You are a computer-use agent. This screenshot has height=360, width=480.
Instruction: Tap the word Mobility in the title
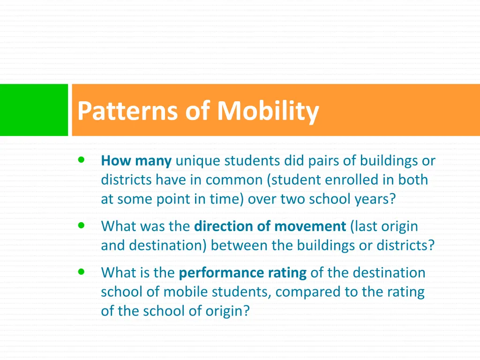click(268, 111)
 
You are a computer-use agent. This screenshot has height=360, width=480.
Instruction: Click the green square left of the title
click(34, 110)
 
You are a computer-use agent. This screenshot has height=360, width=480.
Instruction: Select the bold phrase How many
click(136, 161)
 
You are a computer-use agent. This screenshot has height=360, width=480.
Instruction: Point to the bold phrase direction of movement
click(270, 226)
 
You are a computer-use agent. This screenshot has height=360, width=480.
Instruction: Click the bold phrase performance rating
click(243, 273)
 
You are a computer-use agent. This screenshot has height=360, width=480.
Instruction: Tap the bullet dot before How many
click(82, 160)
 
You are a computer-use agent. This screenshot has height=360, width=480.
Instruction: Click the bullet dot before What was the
click(82, 225)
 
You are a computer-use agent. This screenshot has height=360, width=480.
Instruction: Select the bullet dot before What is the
click(82, 271)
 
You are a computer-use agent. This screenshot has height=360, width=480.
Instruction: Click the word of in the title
click(199, 111)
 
